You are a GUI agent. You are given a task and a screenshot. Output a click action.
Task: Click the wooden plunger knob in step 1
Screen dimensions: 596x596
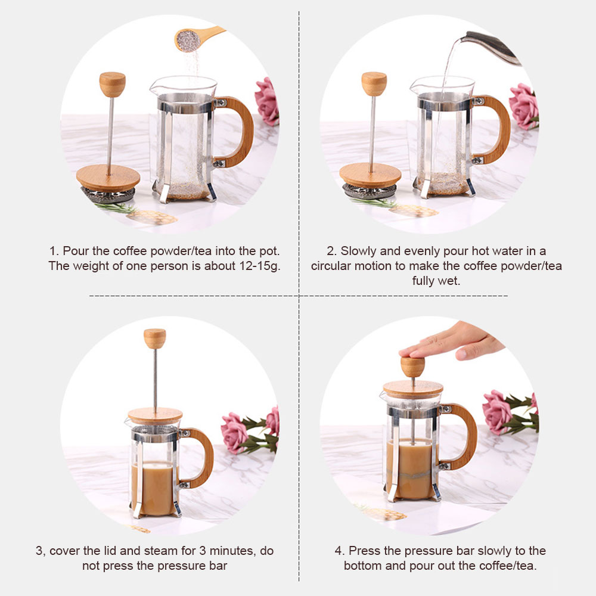pos(112,84)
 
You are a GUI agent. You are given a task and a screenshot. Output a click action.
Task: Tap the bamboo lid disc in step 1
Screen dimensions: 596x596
pos(108,178)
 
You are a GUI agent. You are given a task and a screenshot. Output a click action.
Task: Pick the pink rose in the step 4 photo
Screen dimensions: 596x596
pos(498,411)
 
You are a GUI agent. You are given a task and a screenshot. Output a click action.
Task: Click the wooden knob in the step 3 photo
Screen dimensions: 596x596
pos(155,339)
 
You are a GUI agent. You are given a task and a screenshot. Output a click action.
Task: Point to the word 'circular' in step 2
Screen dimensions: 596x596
pos(333,266)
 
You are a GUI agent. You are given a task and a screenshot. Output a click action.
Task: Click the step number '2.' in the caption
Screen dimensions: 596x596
pos(332,251)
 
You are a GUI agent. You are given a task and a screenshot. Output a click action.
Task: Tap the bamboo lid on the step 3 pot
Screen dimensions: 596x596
pos(155,416)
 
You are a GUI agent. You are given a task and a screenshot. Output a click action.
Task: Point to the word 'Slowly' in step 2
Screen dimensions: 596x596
pos(359,251)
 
